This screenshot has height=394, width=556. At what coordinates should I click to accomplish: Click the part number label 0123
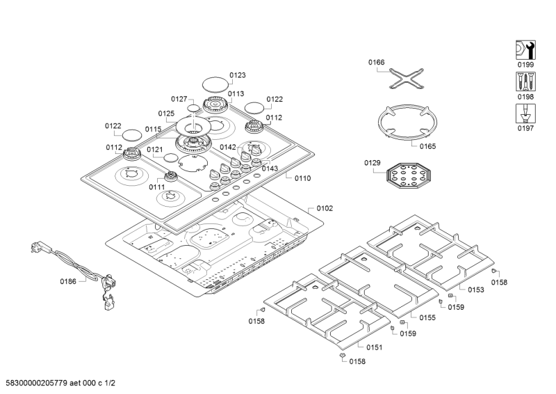point(238,74)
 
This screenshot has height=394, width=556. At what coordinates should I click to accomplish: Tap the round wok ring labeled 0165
point(405,124)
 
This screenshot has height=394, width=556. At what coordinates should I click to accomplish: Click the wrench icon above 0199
point(525,50)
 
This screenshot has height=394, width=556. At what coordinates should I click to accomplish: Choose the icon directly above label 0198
point(525,82)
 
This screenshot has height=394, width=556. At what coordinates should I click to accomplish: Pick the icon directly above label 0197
point(525,113)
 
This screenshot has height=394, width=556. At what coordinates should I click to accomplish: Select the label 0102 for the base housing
point(325,207)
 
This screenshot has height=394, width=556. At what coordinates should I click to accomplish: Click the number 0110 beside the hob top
point(302,178)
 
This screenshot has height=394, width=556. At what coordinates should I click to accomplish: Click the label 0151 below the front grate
point(374,347)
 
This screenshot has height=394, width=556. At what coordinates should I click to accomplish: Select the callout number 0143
point(270,168)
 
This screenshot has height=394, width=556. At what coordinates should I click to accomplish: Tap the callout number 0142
point(228,147)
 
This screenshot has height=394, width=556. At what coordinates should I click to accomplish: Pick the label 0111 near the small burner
point(156,187)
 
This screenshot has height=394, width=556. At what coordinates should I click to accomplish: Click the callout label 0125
point(165,113)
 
